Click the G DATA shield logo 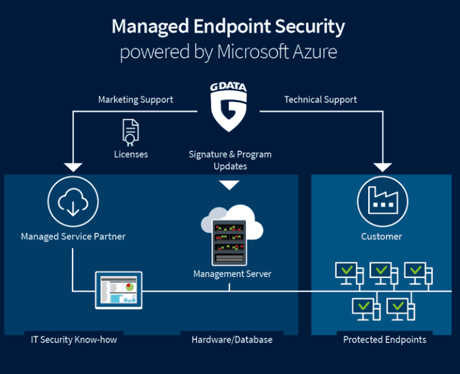(x=229, y=107)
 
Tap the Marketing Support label (x=136, y=99)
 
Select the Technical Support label (x=321, y=99)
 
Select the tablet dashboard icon (x=118, y=290)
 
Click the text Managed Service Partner (x=73, y=237)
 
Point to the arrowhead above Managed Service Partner (x=72, y=166)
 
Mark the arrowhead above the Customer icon (x=383, y=166)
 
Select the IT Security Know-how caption (x=73, y=340)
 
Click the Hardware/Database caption (x=232, y=340)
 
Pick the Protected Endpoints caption (x=385, y=340)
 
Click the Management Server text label (x=232, y=274)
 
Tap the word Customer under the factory (x=382, y=237)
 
